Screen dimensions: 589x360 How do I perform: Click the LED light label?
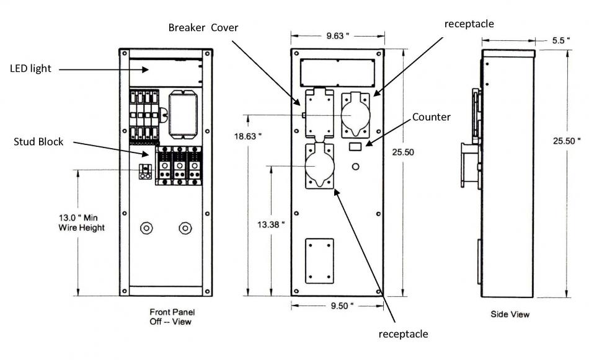coord(30,69)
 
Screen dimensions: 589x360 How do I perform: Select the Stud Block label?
coord(38,142)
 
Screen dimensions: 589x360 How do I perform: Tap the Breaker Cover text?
coord(203,28)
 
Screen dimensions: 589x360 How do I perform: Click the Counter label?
coord(432,117)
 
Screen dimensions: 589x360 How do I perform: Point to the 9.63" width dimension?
coord(337,36)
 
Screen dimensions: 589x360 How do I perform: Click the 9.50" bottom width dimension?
coord(342,306)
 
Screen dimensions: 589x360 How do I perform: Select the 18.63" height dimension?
coord(247,136)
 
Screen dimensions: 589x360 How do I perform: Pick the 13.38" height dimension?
coord(271,225)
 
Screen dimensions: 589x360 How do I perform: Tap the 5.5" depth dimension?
coord(561,40)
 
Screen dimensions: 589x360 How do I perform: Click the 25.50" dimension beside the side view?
coord(567,141)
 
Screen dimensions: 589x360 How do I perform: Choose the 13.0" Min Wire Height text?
coord(81,222)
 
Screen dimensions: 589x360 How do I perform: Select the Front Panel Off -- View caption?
coord(172,317)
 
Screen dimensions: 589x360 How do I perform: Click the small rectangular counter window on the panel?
coord(355,146)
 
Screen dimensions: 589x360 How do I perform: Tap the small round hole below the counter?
coord(355,166)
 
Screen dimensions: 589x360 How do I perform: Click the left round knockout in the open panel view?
coord(146,228)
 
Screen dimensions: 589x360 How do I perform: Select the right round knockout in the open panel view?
coord(185,228)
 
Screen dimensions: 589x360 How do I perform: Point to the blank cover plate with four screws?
coord(319,261)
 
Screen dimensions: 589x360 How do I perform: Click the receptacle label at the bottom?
coord(403,334)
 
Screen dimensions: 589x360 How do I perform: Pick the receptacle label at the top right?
coord(469,24)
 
